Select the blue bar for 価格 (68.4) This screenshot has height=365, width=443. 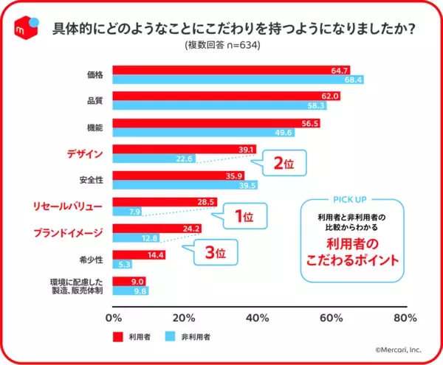click(x=237, y=80)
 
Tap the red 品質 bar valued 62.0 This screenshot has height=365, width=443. click(x=226, y=97)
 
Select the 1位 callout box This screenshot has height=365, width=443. click(x=243, y=217)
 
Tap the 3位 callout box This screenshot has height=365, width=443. click(x=214, y=252)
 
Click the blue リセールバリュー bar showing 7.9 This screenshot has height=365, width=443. click(x=127, y=212)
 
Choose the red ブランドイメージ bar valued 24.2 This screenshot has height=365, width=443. click(x=157, y=229)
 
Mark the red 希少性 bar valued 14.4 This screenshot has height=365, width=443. click(x=139, y=254)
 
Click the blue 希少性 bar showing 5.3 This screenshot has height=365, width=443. click(x=123, y=264)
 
